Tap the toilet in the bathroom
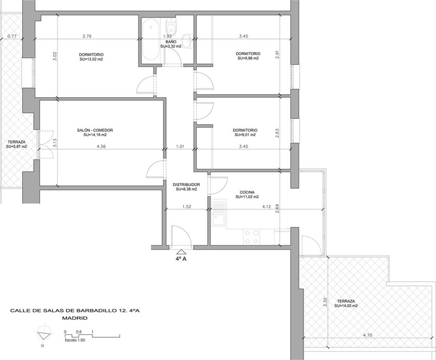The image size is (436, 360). point(170,26)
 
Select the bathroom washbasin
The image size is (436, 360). point(188,40)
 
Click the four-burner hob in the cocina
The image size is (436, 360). point(251,237)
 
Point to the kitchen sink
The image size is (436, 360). point(219,214)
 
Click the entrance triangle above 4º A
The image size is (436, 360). point(181,252)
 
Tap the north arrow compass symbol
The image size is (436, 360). point(44,336)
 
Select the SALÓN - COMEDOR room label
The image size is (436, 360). point(95,130)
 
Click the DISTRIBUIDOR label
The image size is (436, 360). point(187,184)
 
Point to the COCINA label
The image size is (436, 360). point(247,192)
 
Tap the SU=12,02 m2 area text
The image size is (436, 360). point(91,59)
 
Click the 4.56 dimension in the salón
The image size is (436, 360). point(101,146)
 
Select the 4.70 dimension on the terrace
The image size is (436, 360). point(367,335)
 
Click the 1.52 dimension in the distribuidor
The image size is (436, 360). point(187,206)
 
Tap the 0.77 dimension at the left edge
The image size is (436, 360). point(12,36)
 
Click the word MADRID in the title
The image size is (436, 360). point(74,318)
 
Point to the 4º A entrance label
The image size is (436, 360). point(181,259)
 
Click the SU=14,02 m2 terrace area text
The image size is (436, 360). point(346,305)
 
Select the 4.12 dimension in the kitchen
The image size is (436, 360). point(266,206)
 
